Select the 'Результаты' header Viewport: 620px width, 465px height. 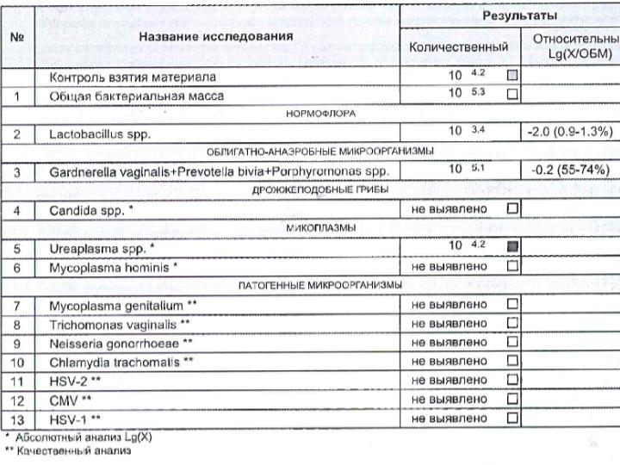pyautogui.click(x=518, y=16)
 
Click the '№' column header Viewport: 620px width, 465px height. pyautogui.click(x=16, y=37)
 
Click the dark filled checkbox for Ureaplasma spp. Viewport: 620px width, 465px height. pyautogui.click(x=512, y=247)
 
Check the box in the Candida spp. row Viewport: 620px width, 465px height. pyautogui.click(x=512, y=208)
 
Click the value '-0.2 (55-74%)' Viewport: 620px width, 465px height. pyautogui.click(x=569, y=170)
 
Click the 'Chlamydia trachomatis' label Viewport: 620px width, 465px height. pyautogui.click(x=121, y=362)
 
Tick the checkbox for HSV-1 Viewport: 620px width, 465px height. pyautogui.click(x=512, y=418)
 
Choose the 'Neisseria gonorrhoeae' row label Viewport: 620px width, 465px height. pyautogui.click(x=121, y=343)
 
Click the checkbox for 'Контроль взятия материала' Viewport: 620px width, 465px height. pyautogui.click(x=512, y=76)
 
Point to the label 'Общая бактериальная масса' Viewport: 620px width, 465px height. pyautogui.click(x=136, y=96)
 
